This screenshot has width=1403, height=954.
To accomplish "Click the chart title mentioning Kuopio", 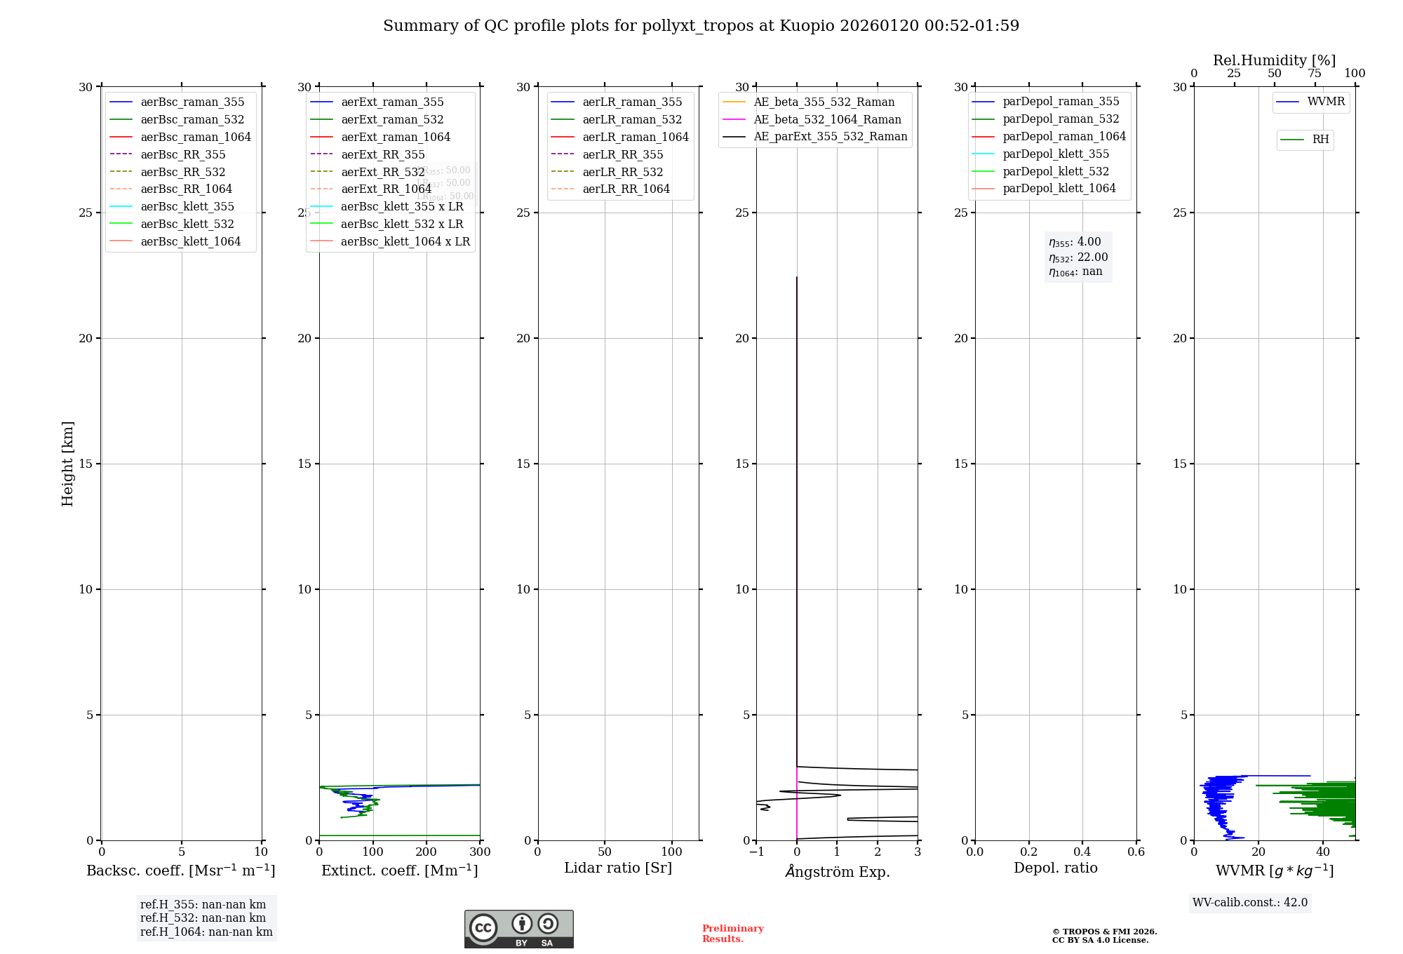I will tap(701, 26).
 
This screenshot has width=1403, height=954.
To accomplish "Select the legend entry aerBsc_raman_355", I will tap(192, 102).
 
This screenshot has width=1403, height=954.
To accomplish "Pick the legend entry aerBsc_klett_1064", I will tap(190, 241).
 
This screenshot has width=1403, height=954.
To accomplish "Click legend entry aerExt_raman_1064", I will tap(396, 137).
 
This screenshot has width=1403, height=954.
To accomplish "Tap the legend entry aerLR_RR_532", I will tap(622, 172).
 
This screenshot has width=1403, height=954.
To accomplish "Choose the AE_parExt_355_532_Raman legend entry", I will tap(830, 137).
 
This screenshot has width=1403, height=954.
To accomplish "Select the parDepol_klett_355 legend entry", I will tap(1056, 154).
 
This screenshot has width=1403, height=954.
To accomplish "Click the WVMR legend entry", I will tap(1326, 102).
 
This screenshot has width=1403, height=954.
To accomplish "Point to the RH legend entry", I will tap(1320, 140).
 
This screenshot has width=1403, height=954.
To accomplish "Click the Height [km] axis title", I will tap(67, 463).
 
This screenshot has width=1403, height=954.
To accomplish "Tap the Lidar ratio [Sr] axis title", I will tap(618, 868).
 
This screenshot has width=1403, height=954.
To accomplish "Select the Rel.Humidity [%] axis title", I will tap(1274, 60).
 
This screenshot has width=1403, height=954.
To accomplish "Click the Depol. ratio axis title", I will tap(1055, 868).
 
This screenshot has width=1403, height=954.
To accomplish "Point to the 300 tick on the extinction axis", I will tap(480, 852).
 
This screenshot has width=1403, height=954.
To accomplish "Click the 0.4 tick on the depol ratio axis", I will tap(1082, 852).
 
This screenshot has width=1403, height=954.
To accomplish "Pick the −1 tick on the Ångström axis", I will tap(756, 852).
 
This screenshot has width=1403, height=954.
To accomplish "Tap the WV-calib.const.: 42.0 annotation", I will tap(1250, 903).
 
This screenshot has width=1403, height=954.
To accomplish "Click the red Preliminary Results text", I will tap(732, 934).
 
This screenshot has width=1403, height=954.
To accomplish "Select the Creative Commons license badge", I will tap(518, 929).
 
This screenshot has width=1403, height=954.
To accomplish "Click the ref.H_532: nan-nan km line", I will tap(203, 918).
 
